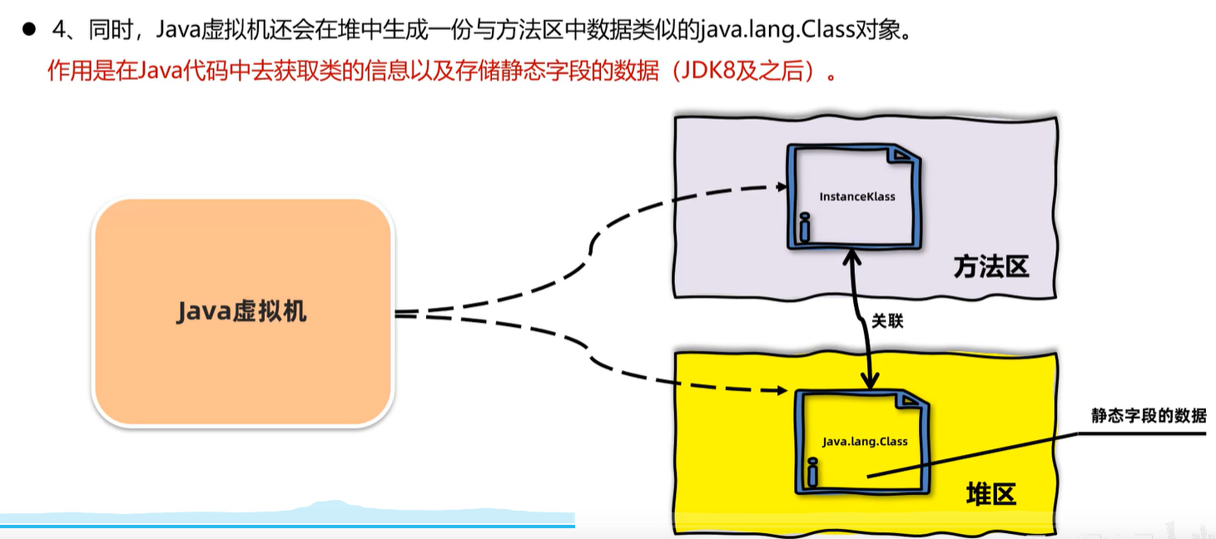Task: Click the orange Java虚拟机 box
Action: tap(242, 312)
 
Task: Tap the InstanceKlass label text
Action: tap(856, 197)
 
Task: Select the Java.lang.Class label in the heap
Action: tap(864, 441)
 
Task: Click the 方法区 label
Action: tap(991, 267)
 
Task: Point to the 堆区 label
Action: tap(991, 495)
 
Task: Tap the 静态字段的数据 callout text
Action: tap(1148, 416)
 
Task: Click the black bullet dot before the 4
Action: tap(29, 30)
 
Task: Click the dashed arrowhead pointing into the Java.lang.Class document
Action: tap(785, 388)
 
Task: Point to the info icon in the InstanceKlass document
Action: tap(804, 228)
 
